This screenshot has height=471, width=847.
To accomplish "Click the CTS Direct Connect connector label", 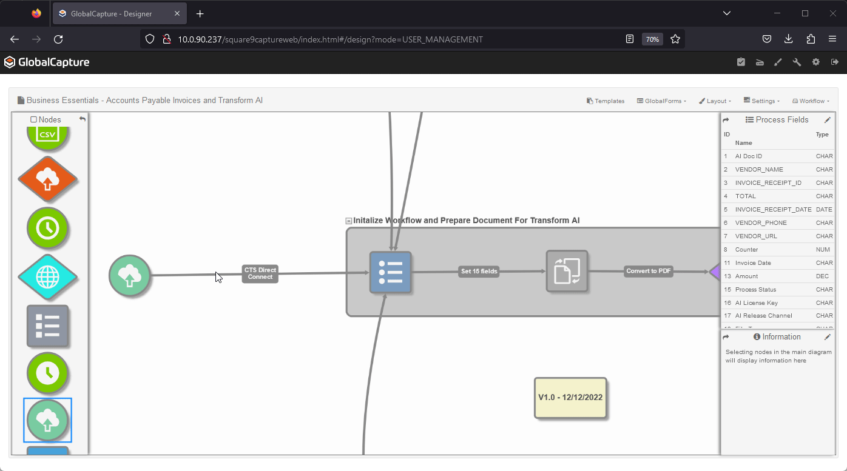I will point(260,273).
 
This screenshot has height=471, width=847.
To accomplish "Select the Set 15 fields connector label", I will point(479,271).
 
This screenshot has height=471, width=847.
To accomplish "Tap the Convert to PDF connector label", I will point(649,271).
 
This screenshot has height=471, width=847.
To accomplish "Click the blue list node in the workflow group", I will point(391,272).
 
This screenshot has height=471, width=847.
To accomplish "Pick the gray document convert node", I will point(567,271).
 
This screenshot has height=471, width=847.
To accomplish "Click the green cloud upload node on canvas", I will point(129,276).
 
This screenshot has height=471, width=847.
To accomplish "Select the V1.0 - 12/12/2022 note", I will point(570,398).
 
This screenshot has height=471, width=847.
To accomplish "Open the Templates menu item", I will point(606,101).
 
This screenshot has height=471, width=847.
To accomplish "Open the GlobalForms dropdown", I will point(661,101).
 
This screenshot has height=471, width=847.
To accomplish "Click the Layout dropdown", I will point(715,101).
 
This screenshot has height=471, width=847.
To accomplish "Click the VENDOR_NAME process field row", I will point(759,170).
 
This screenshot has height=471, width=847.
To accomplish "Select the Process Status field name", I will point(755,290).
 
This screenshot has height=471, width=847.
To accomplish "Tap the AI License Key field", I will point(756,303).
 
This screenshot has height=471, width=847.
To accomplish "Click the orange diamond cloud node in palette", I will point(48,179).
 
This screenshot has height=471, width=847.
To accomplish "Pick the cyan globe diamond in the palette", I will point(48,277).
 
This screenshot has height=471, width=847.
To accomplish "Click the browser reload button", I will point(58,39).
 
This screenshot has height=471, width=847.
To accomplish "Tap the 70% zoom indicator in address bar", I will point(652,39).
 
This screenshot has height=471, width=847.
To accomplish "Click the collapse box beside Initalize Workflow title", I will point(348,221).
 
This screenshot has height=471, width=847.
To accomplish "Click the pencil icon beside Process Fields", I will point(827,120).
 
